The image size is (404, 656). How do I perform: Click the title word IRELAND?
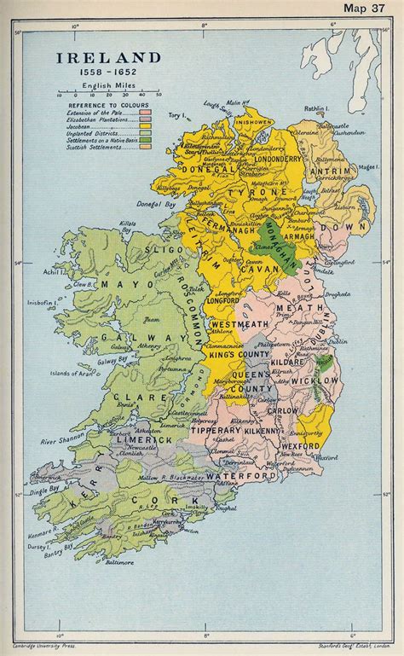pyautogui.click(x=108, y=58)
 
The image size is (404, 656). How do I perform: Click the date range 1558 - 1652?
pyautogui.click(x=108, y=74)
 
